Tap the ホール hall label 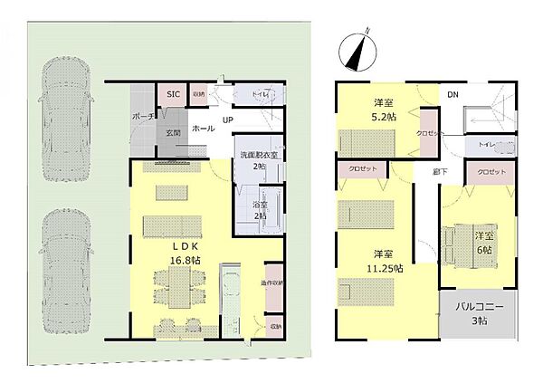tap(204, 129)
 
